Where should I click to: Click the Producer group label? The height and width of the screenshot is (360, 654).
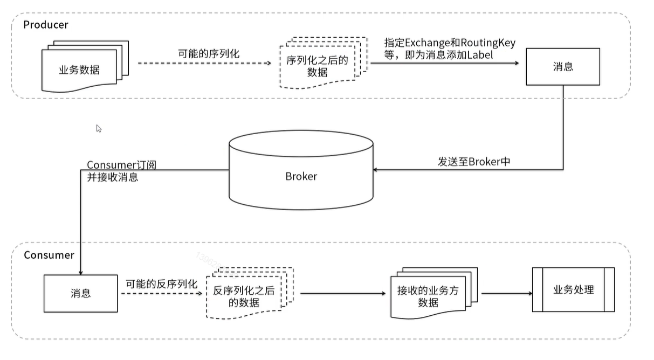point(46,25)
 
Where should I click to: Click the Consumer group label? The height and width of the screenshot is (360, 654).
point(49,255)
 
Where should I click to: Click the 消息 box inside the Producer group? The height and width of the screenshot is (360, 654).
point(563,67)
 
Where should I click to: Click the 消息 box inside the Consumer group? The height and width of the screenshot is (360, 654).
point(80,293)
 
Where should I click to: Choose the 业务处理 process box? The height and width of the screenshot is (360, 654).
point(573,289)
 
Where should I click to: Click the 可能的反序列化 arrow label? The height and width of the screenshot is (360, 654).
point(162,284)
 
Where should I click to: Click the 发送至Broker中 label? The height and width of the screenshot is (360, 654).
point(473,161)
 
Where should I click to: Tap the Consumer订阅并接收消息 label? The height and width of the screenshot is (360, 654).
point(122,170)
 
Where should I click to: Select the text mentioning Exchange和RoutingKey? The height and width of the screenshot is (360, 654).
point(449,49)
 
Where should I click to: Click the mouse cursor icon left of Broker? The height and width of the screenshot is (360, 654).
point(99,128)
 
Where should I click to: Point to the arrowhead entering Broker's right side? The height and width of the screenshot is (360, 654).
point(376,170)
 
